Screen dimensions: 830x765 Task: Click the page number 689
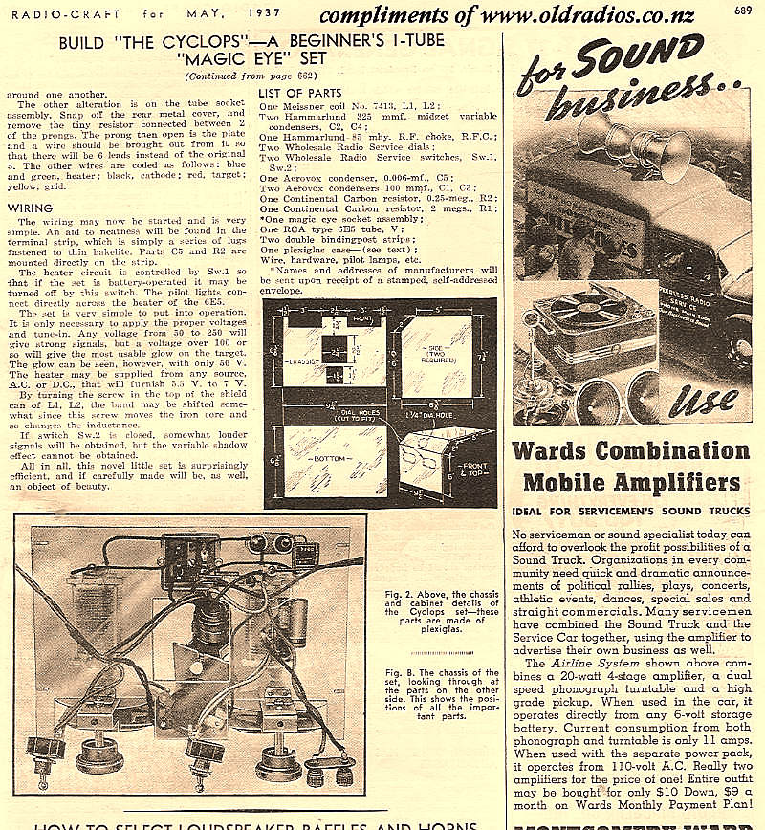click(742, 11)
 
